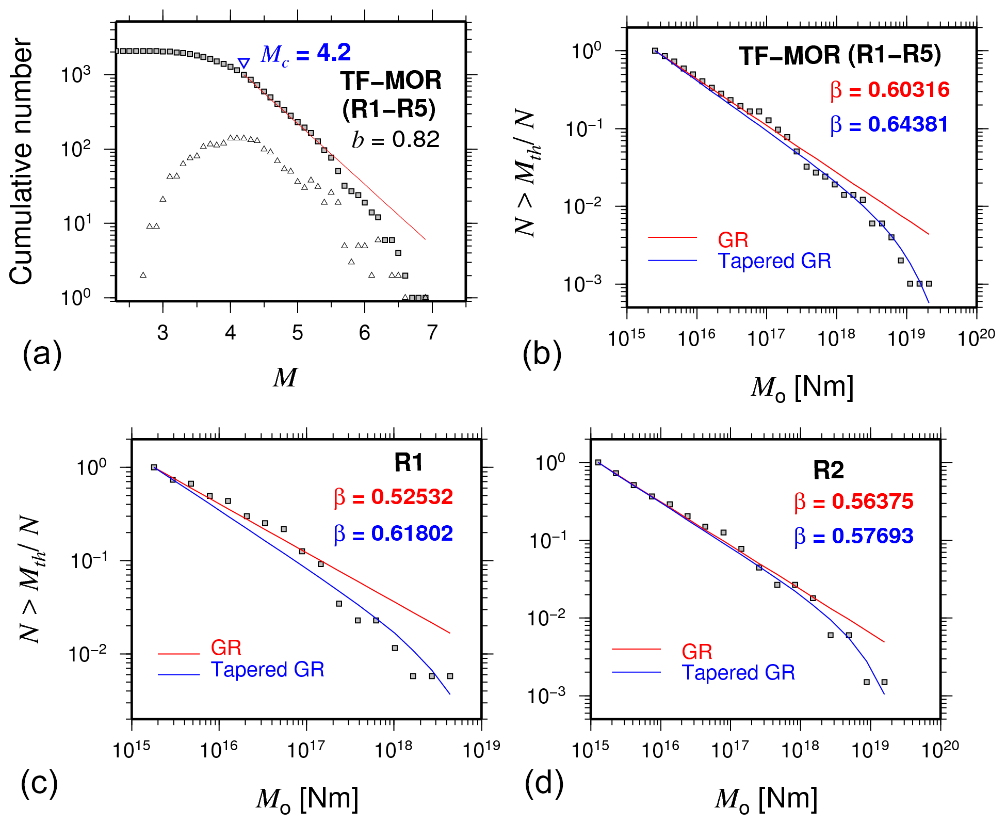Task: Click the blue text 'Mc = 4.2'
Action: tap(305, 53)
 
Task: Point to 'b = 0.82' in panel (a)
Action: tap(396, 139)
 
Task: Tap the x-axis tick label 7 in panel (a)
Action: tap(432, 333)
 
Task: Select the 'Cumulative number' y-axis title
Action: tap(22, 161)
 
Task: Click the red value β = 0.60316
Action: tap(890, 90)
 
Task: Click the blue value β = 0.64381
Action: tap(889, 124)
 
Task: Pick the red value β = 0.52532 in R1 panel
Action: tap(394, 497)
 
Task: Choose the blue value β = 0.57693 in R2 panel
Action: tap(854, 536)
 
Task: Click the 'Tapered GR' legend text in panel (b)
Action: tap(774, 261)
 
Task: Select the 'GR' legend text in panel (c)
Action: tap(226, 648)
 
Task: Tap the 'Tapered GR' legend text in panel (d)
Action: tap(738, 673)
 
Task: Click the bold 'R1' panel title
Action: tap(409, 462)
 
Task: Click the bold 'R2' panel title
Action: tap(829, 470)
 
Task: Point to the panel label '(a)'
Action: tap(42, 354)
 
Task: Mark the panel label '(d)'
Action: tap(544, 784)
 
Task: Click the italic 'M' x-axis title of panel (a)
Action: tap(285, 378)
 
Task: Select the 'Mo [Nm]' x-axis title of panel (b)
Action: tap(802, 387)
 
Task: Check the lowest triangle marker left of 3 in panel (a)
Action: tap(143, 275)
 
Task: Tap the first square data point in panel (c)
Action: tap(154, 467)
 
